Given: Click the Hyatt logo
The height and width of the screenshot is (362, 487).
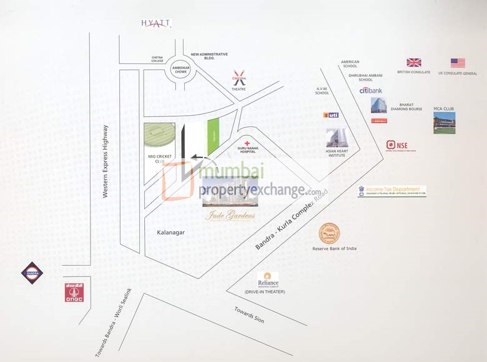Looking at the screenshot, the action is click(155, 23).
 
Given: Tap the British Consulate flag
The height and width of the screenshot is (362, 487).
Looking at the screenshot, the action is click(413, 63).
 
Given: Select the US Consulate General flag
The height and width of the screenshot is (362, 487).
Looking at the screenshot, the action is click(458, 63).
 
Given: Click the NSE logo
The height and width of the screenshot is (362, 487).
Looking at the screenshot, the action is click(397, 146).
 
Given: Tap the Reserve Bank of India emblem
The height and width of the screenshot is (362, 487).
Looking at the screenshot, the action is click(330, 234).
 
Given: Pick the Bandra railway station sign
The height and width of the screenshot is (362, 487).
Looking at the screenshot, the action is click(32, 272).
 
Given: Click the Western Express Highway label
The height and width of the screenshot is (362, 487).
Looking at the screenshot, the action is click(106, 162).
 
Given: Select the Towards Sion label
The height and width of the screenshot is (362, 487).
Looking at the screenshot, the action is click(249, 314).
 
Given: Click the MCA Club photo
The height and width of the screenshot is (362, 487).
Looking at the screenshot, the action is click(444, 123).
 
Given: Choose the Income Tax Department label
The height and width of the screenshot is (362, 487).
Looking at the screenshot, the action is click(391, 191).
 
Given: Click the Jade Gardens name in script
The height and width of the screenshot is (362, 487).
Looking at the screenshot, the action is click(230, 217).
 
